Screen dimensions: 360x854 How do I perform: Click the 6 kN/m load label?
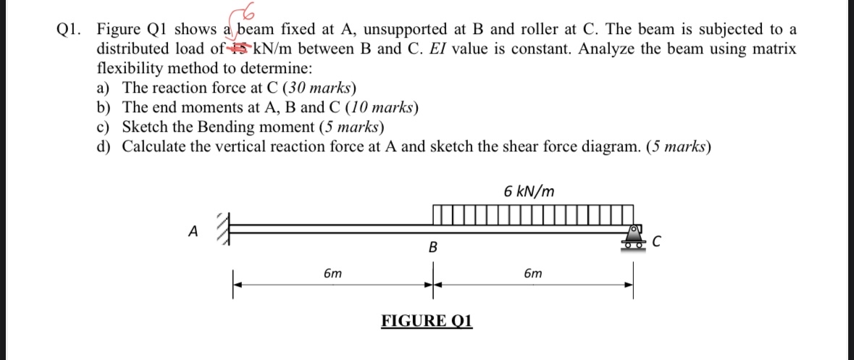(529, 191)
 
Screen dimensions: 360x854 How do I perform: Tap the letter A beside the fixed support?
(192, 231)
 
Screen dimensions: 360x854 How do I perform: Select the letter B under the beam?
(433, 248)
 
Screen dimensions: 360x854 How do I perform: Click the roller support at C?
(632, 238)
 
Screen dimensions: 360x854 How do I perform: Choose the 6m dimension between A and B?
(332, 274)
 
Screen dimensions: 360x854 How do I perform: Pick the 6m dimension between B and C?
(532, 274)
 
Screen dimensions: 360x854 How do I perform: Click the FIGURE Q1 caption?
(427, 321)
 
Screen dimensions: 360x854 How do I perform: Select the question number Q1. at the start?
(69, 30)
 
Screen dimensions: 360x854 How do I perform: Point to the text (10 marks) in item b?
(381, 108)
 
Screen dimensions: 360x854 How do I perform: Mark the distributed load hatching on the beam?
(532, 215)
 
